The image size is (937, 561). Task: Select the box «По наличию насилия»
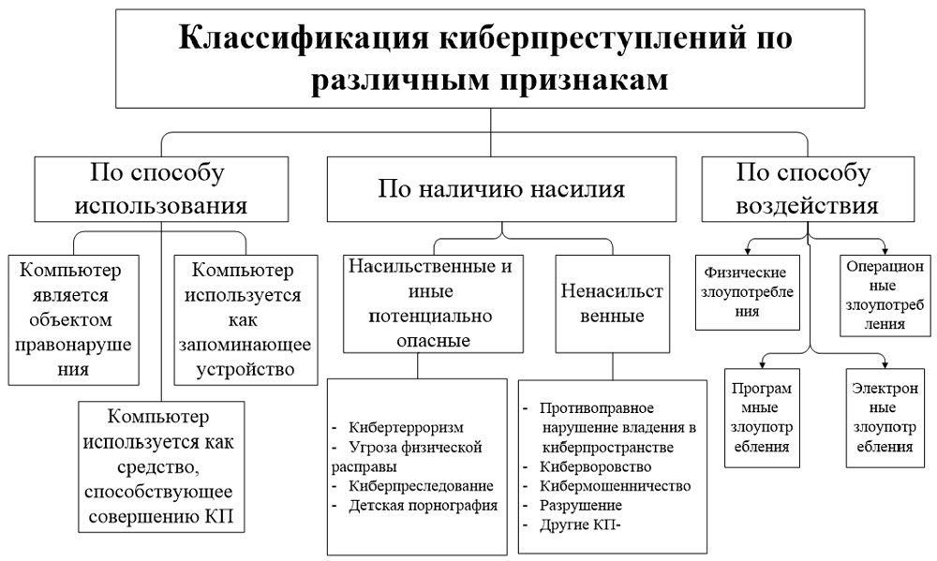coord(500,188)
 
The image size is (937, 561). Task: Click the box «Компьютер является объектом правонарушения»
coord(74,319)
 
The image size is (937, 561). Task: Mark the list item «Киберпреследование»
coord(415,485)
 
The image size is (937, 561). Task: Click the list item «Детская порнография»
coord(421,505)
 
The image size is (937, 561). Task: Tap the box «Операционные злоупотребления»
coord(885,292)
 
